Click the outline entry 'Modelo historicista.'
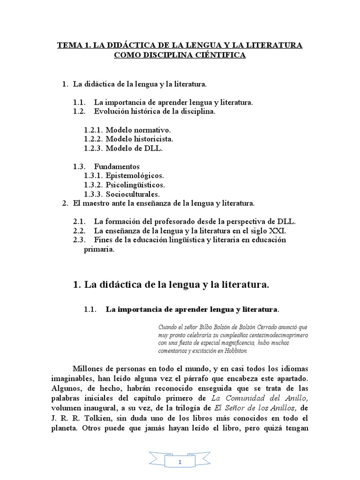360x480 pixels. (139, 139)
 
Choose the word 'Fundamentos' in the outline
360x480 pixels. (117, 166)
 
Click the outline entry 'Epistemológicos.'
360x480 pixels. (135, 175)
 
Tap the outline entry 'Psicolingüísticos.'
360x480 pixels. (135, 185)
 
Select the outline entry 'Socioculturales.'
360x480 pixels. (133, 194)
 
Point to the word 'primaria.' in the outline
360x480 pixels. (99, 249)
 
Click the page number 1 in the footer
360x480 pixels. (180, 463)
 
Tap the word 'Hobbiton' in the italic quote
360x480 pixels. (233, 351)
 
